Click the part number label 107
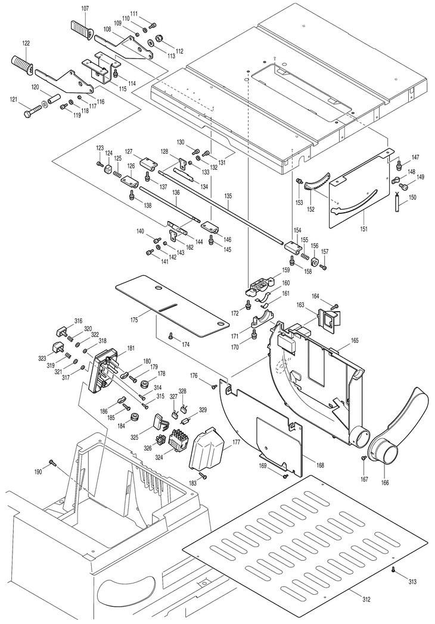(85, 8)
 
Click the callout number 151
(363, 229)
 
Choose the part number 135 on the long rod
(228, 196)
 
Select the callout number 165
(355, 340)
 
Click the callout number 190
(38, 471)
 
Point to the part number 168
(319, 465)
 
